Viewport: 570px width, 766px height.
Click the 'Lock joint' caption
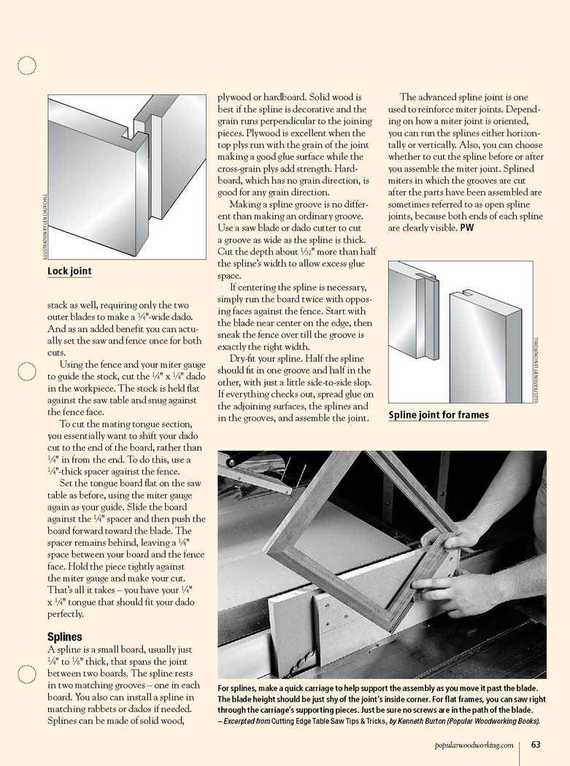tap(69, 271)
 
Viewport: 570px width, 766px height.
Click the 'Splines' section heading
tap(64, 637)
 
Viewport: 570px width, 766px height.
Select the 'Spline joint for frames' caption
tap(439, 415)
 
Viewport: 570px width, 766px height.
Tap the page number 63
tap(535, 745)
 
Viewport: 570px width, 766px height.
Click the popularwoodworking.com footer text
tap(474, 745)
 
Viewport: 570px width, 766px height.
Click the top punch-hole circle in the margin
tap(27, 66)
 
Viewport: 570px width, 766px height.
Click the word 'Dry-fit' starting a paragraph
tap(245, 359)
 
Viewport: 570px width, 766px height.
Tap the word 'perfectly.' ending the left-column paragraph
tap(67, 615)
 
